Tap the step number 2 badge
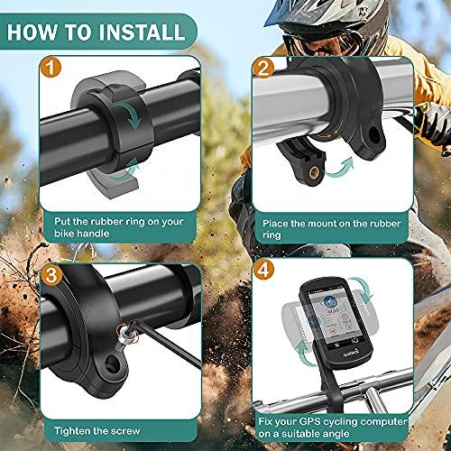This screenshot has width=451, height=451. [264, 67]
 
